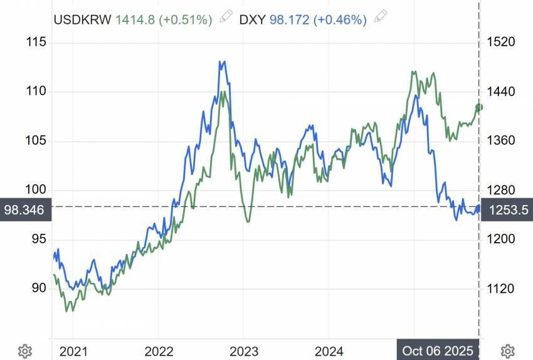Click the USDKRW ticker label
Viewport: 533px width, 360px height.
[82, 19]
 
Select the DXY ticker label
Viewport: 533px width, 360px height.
[252, 19]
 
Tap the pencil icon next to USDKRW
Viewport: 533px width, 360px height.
[225, 18]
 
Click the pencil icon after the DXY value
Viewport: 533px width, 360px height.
[379, 18]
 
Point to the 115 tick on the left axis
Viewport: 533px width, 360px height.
[36, 43]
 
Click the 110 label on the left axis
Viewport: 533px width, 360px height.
[36, 92]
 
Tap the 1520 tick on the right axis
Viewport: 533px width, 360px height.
[500, 43]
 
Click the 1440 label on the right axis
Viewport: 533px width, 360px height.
[500, 92]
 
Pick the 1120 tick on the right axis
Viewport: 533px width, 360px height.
[500, 288]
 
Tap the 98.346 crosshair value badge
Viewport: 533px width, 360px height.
[24, 210]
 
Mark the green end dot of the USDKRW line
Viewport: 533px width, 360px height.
[480, 107]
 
